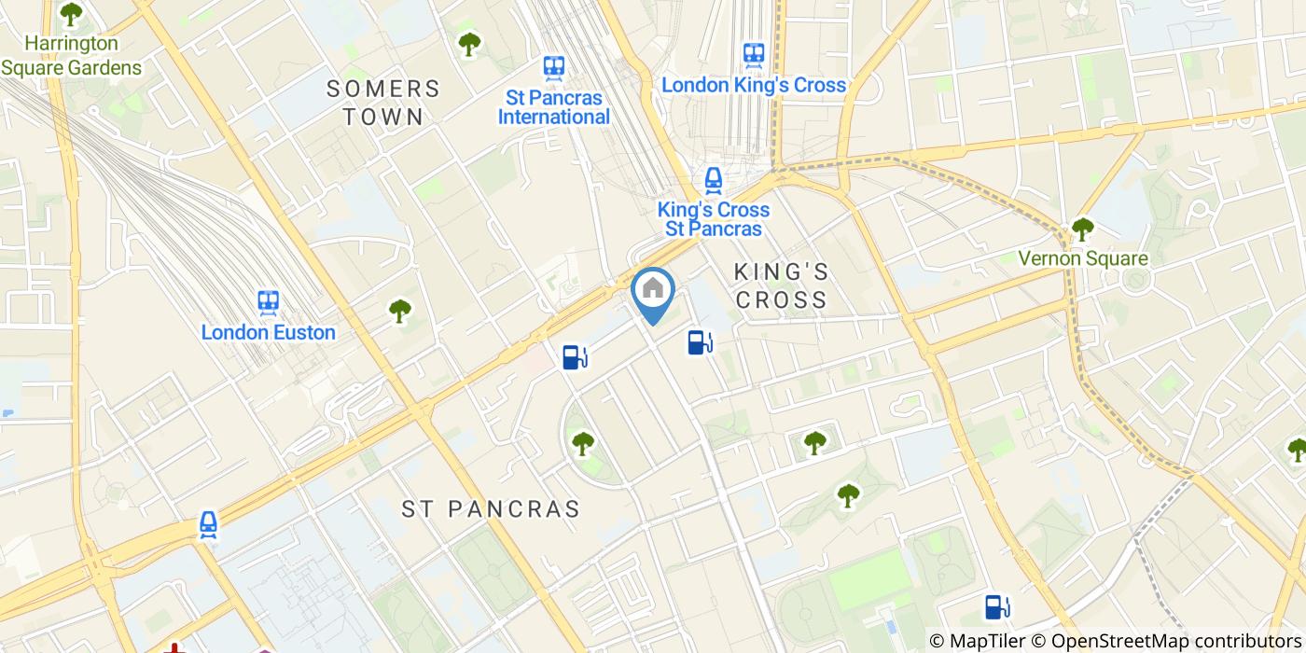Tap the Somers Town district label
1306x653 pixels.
382,103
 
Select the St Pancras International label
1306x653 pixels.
554,107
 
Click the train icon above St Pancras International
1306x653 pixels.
554,67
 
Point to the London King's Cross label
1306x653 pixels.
754,85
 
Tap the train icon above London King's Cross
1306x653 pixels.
754,54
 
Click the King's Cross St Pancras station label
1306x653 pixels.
714,219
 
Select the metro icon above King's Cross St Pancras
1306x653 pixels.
714,179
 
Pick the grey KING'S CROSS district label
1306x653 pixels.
781,285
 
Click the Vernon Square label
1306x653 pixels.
1082,258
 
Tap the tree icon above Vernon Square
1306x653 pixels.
1082,228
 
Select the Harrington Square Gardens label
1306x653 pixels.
72,56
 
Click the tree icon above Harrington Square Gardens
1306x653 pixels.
71,14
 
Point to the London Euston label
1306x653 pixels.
269,332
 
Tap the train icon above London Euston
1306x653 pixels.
269,301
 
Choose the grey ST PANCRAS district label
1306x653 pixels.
491,508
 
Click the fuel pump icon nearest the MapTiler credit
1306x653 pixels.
997,607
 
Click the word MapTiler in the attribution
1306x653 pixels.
989,641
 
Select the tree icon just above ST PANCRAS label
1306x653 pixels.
583,443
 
